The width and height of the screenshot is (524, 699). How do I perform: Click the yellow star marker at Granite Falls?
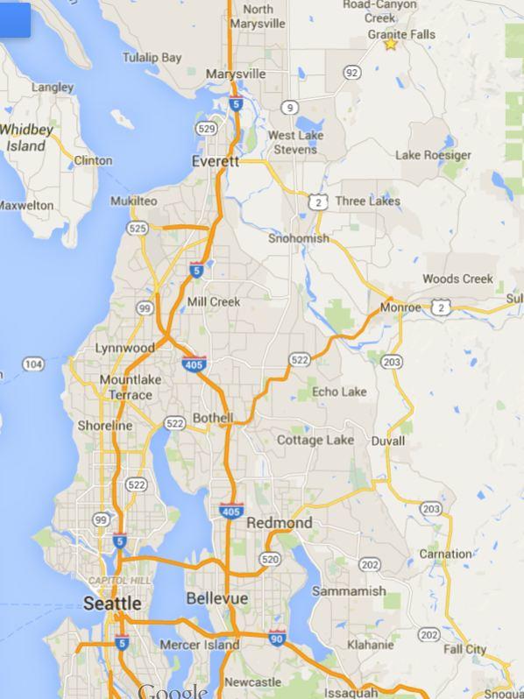390,44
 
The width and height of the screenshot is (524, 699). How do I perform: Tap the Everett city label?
215,162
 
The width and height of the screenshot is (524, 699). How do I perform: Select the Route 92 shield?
352,72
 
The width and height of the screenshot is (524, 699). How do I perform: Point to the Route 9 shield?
290,108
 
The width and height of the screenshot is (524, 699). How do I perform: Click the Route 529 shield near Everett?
206,129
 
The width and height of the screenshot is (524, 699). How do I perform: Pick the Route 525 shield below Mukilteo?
138,229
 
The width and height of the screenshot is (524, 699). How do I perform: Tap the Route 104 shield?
33,364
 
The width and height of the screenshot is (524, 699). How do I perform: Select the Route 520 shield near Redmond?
269,559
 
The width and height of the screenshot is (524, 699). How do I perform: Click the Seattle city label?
112,604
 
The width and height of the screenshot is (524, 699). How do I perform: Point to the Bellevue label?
216,598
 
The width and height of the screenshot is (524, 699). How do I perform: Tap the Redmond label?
279,523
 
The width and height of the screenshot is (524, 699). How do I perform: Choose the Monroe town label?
400,307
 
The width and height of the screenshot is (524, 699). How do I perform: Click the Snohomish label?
299,238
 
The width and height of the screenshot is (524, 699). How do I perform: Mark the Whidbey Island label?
26,138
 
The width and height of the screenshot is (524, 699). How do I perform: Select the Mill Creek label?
214,301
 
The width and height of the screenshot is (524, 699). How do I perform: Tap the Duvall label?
387,441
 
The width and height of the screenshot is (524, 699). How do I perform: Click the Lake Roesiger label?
433,155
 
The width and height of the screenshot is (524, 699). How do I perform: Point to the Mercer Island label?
200,645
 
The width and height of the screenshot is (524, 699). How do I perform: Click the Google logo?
173,691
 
